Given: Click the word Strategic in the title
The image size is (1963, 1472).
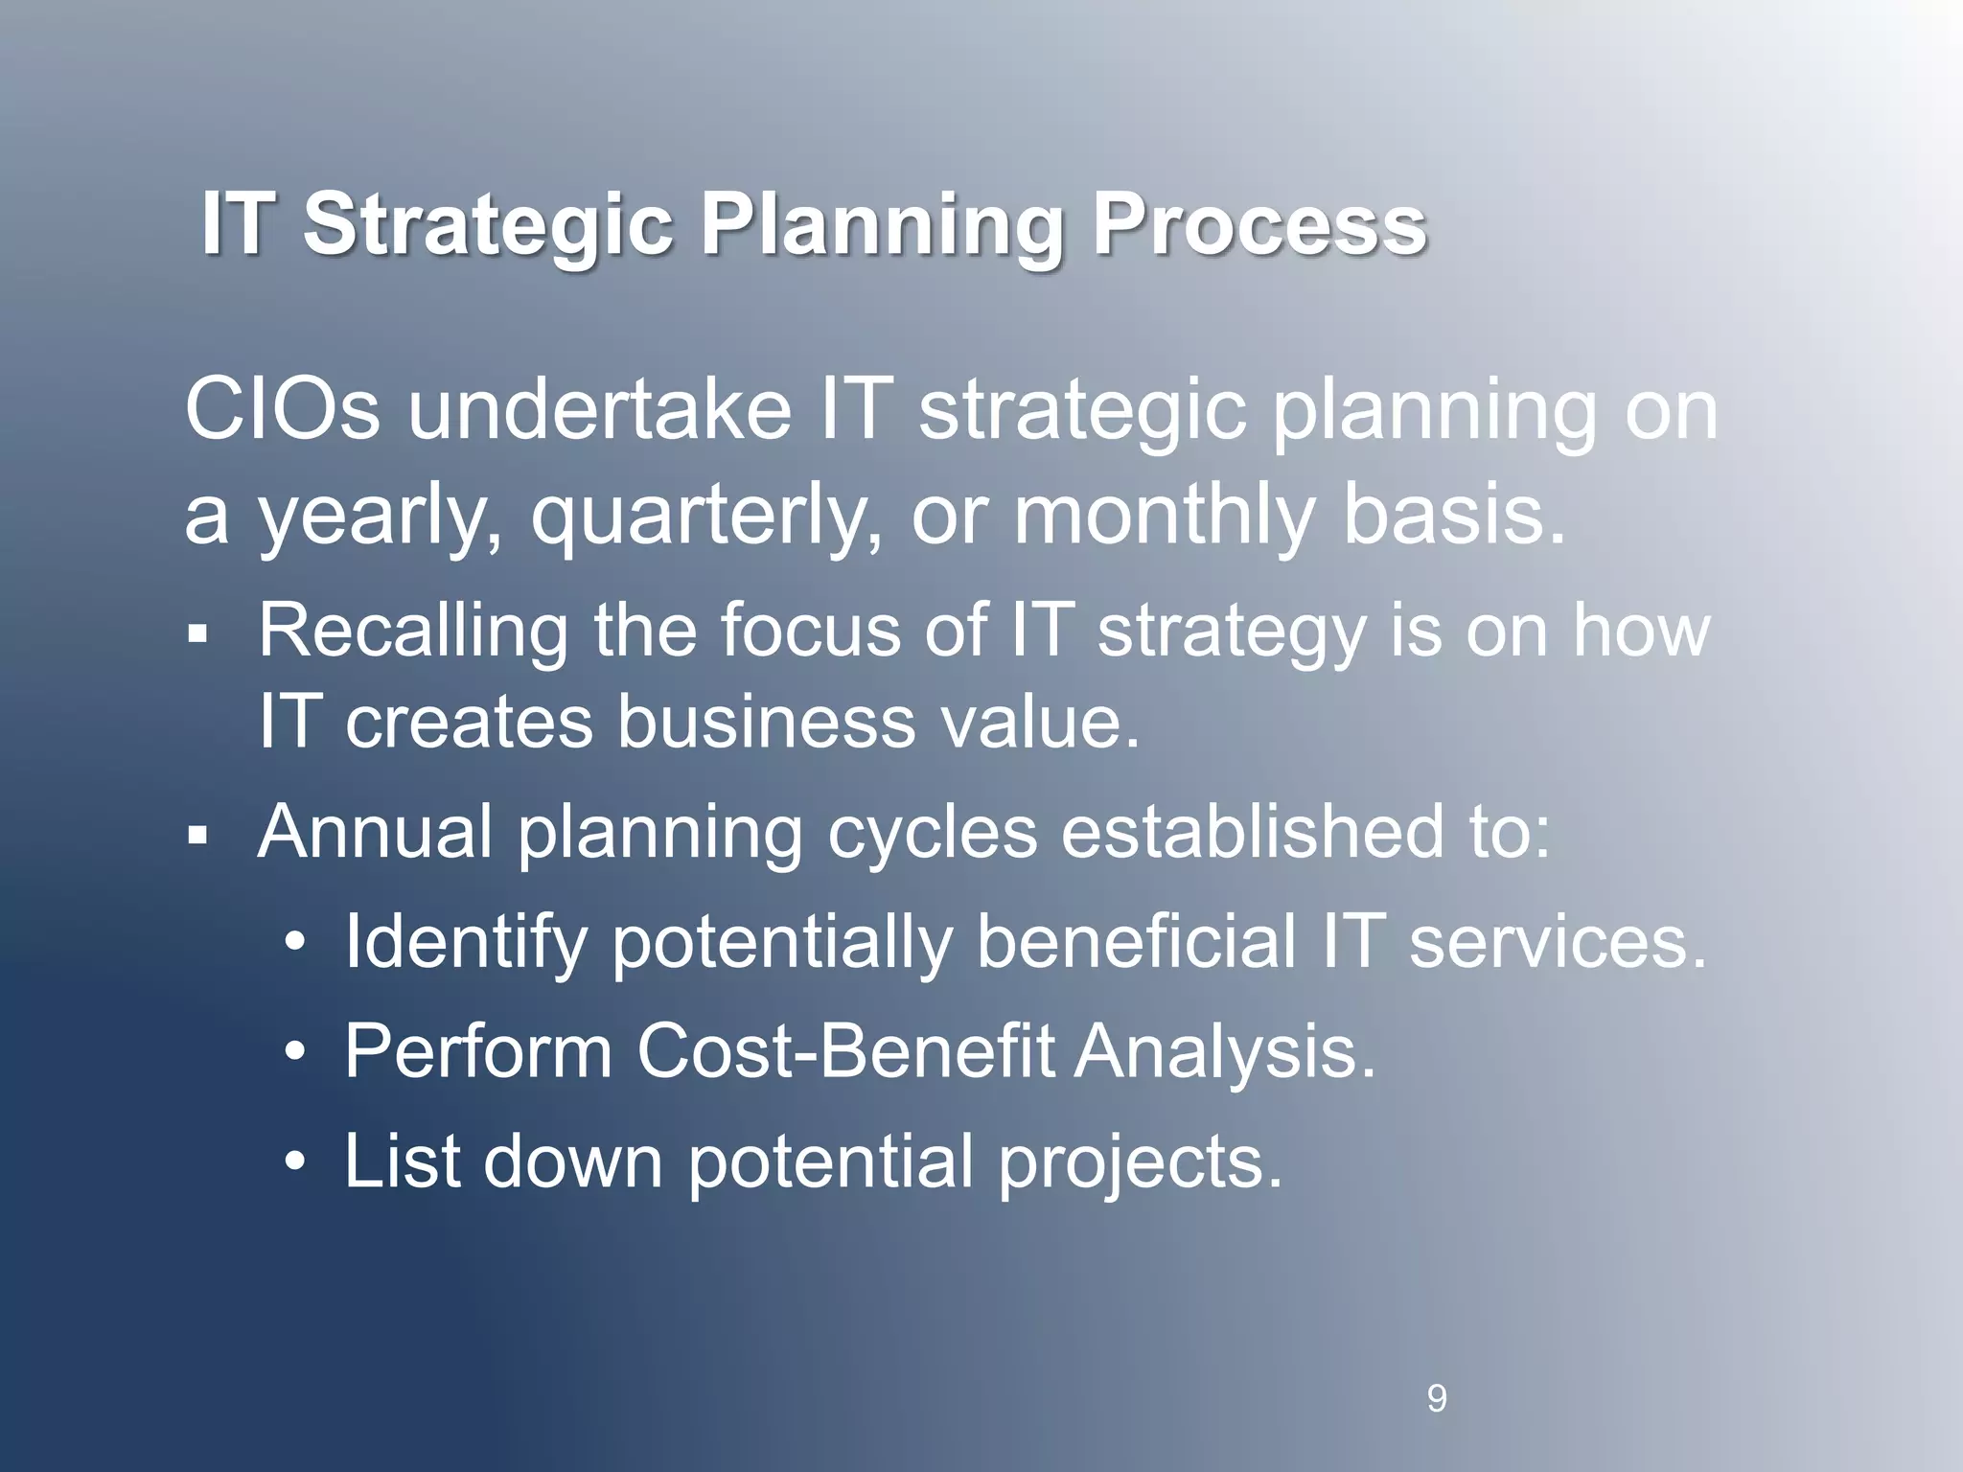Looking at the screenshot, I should [x=487, y=226].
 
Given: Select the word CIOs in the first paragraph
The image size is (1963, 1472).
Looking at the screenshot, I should [x=282, y=411].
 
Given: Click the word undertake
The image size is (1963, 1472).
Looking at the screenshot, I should [x=600, y=411].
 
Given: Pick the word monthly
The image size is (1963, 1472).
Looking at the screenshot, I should [x=1164, y=516].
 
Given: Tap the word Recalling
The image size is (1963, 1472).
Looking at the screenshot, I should [x=412, y=632].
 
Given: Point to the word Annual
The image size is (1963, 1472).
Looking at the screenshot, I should [x=375, y=832].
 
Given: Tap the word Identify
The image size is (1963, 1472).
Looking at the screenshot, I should [x=465, y=943].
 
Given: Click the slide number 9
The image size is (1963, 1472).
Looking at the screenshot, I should [x=1437, y=1398].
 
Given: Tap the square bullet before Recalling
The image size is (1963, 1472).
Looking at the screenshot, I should [x=197, y=633].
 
